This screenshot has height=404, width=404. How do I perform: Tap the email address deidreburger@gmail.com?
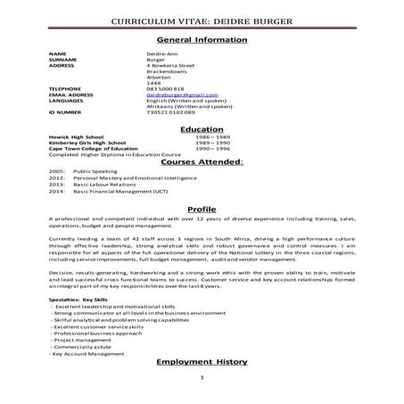(183, 94)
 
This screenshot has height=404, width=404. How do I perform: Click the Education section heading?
(202, 129)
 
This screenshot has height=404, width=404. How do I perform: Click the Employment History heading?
(202, 363)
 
